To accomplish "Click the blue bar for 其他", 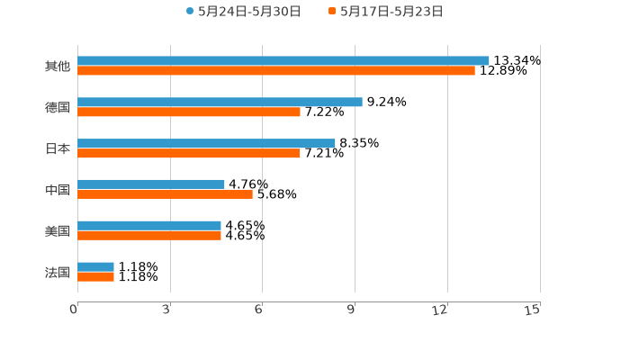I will coord(283,60).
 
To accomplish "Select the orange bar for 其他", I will coord(276,70).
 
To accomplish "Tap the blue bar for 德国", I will coord(220,102).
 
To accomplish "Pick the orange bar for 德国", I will coord(189,112).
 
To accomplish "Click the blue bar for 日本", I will coord(206,143).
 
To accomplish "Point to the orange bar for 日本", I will coord(189,153).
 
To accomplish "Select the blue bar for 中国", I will coord(151,184).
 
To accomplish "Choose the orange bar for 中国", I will coord(165,193).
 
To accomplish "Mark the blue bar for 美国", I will coord(149,225).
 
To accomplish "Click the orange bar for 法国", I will coord(95,276).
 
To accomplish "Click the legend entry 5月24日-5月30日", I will coord(243,12).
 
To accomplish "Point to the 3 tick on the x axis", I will coord(167,310).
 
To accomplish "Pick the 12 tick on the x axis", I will coord(441,310).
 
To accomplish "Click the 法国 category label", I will coord(57,272).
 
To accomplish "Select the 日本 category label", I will coord(57,148).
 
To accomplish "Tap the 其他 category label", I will coord(57,66).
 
